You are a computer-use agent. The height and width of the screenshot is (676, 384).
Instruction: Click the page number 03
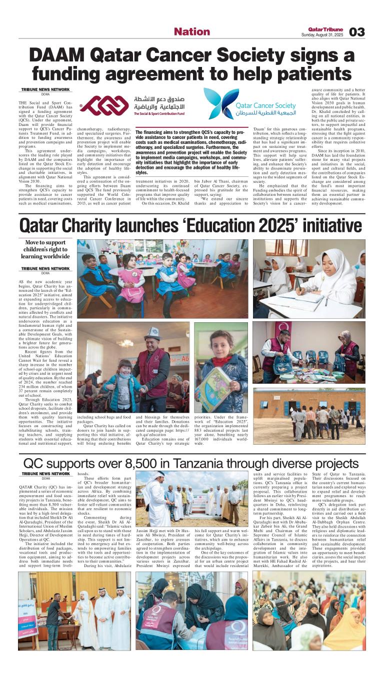[x=357, y=32]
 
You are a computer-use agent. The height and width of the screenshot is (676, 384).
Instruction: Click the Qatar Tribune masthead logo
[x=325, y=28]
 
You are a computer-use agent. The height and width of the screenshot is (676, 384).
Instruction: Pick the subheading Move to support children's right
[x=45, y=249]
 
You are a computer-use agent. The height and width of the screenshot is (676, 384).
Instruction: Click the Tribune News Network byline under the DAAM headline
[x=45, y=89]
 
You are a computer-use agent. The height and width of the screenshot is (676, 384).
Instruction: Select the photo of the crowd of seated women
[x=308, y=610]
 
